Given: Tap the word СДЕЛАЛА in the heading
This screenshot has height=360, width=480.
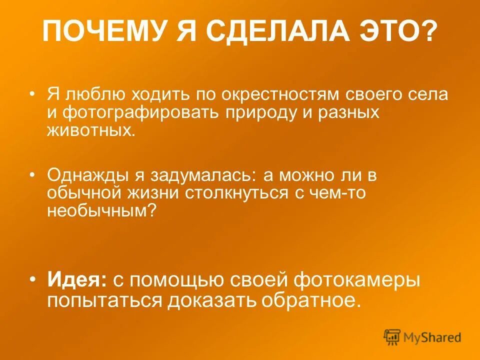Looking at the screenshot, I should click(x=270, y=32).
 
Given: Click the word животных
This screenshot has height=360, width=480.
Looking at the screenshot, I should click(x=91, y=130).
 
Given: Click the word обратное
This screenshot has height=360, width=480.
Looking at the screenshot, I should click(x=313, y=301).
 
